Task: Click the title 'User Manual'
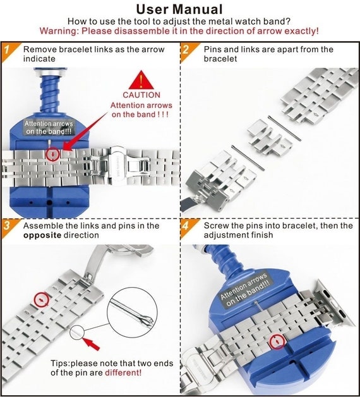[x=179, y=9]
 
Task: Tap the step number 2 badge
[x=186, y=49]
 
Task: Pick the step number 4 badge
[x=186, y=226]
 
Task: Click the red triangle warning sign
[x=140, y=81]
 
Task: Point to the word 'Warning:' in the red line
[x=59, y=30]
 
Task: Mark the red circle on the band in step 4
[x=277, y=342]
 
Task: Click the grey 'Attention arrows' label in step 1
[x=49, y=127]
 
